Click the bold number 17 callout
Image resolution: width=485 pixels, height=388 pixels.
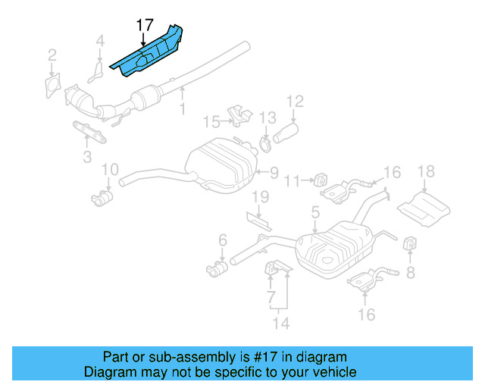[x=145, y=25]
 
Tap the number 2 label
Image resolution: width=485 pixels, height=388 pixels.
[x=52, y=55]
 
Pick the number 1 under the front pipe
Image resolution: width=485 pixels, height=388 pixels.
[x=182, y=110]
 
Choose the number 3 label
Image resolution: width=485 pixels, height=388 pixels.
[x=87, y=157]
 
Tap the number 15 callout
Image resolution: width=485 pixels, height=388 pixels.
[x=211, y=121]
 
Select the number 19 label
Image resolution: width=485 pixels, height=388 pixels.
[x=260, y=198]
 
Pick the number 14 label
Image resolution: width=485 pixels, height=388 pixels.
[x=282, y=324]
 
